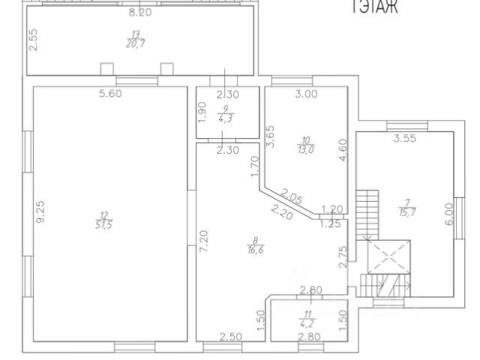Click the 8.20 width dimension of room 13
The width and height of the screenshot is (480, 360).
click(x=140, y=13)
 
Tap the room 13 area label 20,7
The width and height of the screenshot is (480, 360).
click(x=136, y=39)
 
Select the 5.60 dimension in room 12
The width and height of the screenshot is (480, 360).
click(x=109, y=94)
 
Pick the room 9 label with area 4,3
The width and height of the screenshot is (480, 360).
click(x=225, y=114)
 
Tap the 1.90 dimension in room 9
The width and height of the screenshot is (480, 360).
click(x=202, y=114)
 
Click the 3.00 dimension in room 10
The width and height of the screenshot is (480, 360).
click(x=306, y=94)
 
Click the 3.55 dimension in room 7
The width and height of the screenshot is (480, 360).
click(x=406, y=138)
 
